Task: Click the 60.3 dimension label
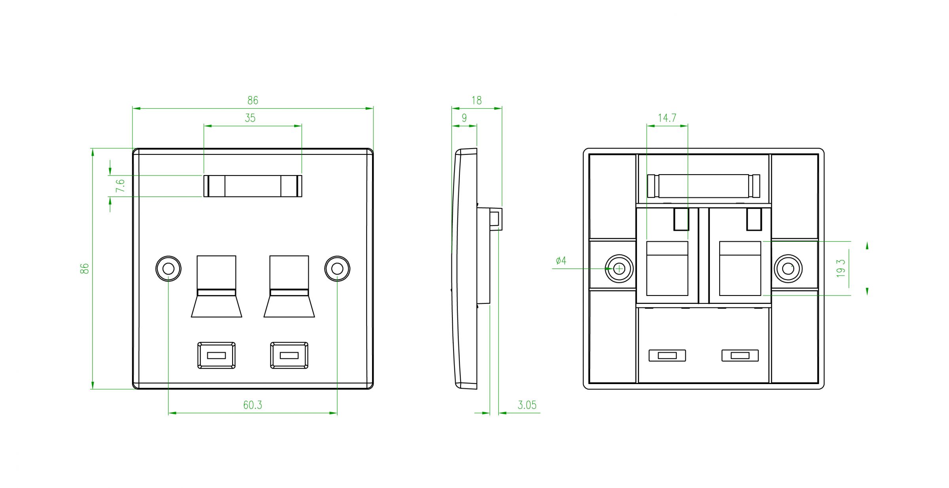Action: pos(252,405)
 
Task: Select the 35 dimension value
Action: pos(250,118)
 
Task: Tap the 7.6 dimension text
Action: pos(121,186)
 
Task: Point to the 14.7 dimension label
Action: pos(667,118)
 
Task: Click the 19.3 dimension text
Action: pos(841,268)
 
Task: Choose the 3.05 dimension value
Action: pos(527,405)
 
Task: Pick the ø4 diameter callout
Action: pos(561,260)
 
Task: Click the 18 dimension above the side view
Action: pos(476,100)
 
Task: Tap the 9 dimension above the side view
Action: pos(464,118)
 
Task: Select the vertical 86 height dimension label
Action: pos(85,269)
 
